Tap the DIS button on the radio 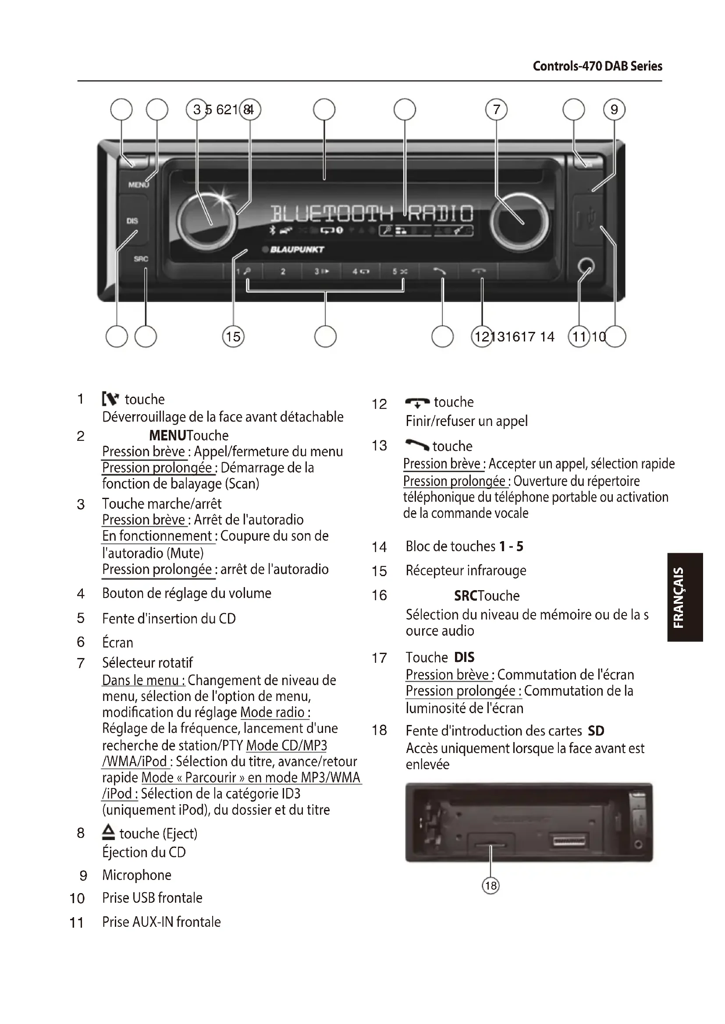point(132,221)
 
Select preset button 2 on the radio point(283,271)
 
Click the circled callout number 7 point(497,110)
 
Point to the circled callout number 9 point(614,110)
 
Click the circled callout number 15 point(233,336)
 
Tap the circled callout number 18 point(490,885)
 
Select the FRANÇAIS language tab point(686,597)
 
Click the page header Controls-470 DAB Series point(597,67)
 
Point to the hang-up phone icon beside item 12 point(417,402)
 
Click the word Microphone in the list point(137,875)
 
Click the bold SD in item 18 point(596,731)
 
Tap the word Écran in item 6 point(117,642)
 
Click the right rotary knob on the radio point(519,222)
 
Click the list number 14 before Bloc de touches point(379,547)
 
